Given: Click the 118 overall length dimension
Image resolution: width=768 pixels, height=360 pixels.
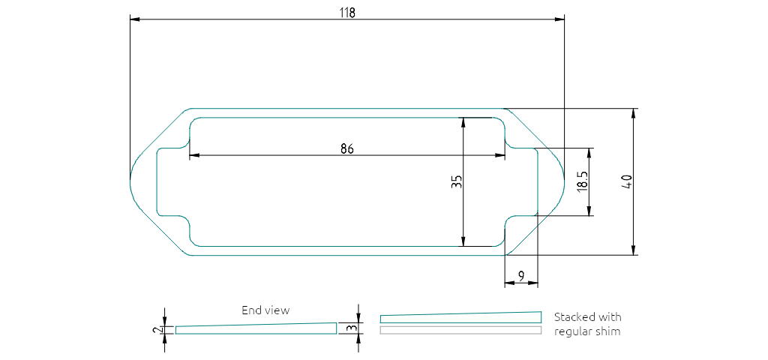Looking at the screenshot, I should (x=346, y=13).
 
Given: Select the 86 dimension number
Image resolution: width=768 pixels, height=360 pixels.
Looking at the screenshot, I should (x=346, y=148).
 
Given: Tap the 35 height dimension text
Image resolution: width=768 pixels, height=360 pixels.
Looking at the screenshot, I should (x=456, y=181).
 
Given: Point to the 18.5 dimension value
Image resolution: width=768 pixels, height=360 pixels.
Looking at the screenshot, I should (x=582, y=181).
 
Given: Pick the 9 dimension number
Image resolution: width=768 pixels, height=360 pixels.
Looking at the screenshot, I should (x=521, y=277).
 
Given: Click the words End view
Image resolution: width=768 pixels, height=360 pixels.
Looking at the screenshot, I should (x=265, y=310).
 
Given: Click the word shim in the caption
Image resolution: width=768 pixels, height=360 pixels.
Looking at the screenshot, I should (x=608, y=331).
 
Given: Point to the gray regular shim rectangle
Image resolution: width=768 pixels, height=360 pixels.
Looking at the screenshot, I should (x=460, y=330).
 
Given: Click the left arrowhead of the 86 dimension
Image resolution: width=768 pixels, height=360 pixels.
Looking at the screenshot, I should (x=193, y=155).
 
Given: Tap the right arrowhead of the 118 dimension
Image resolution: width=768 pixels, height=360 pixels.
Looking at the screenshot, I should (x=560, y=20).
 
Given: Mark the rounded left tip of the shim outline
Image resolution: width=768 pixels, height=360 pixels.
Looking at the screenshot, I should (x=132, y=181).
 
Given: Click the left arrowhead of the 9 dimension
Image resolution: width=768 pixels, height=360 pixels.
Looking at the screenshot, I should (x=509, y=283).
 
